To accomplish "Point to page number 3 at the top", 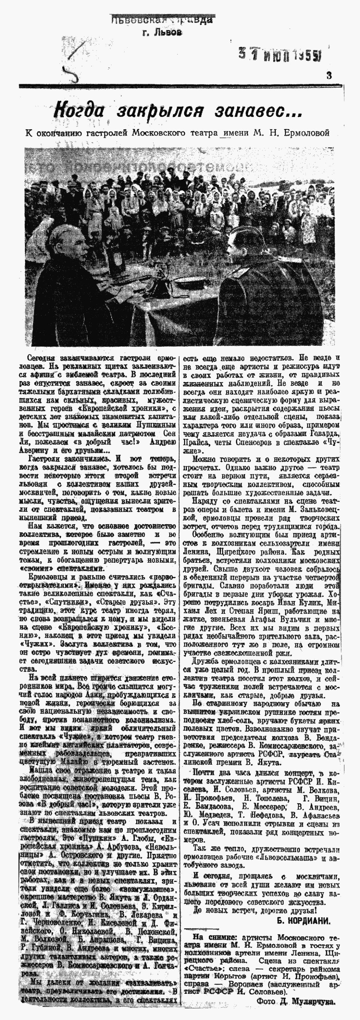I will click(329, 75).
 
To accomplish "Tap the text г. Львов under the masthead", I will click(163, 32).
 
